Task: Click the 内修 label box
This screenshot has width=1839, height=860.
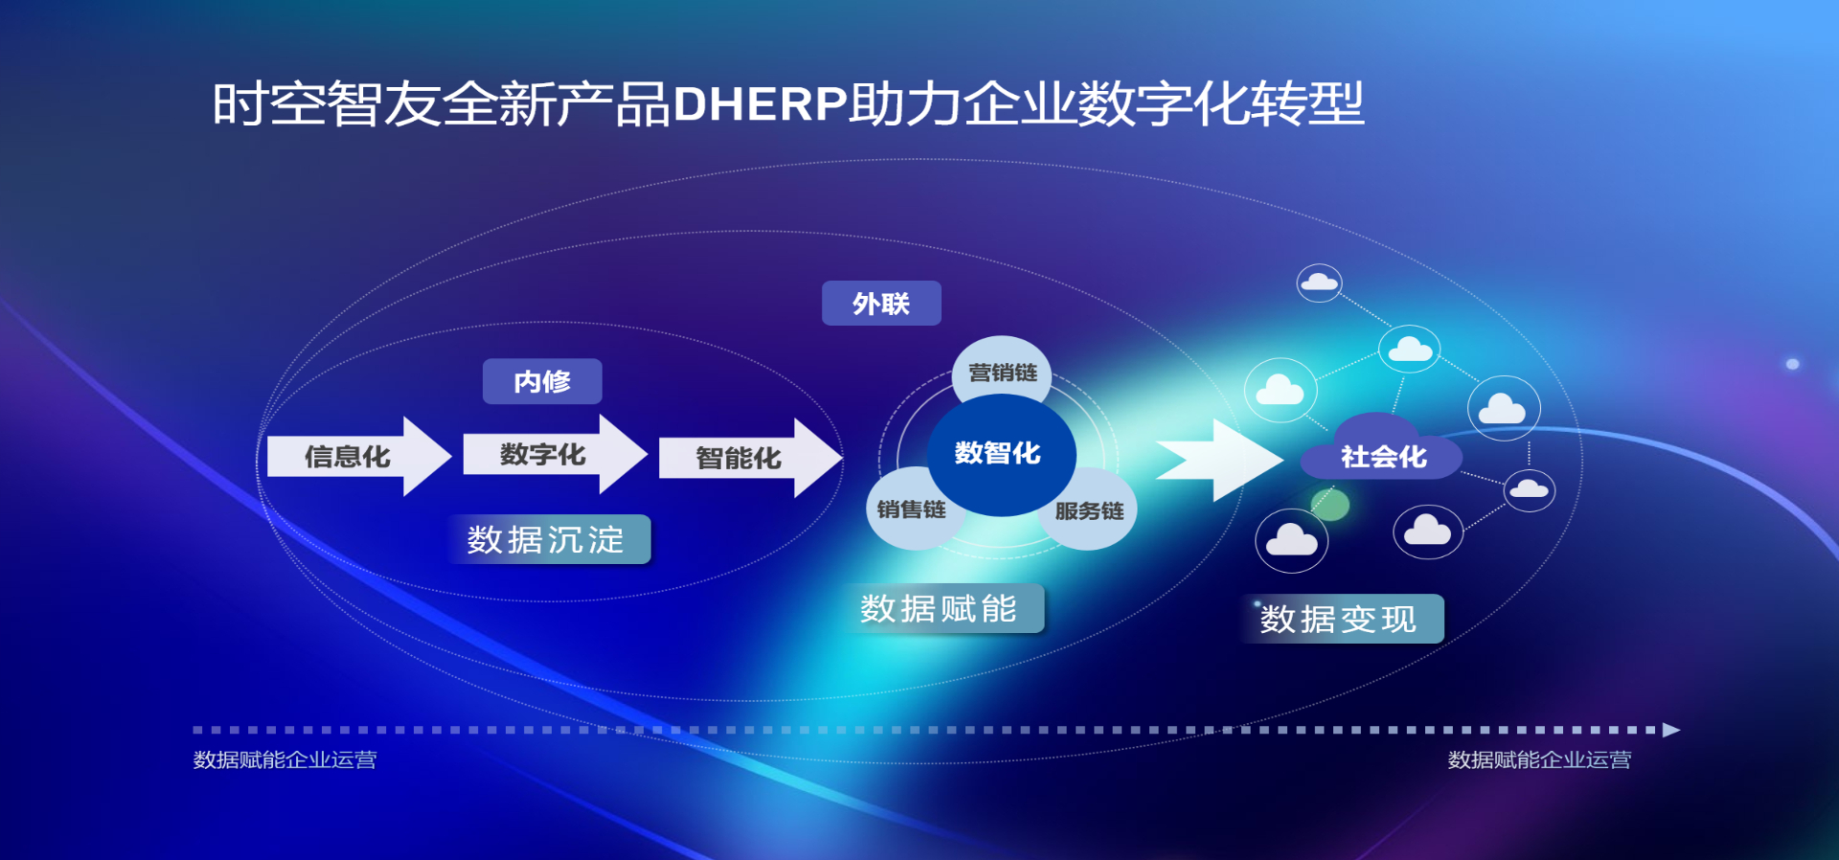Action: click(542, 381)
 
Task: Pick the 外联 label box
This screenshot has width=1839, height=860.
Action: click(881, 304)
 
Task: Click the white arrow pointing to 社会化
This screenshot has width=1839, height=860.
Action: click(1219, 460)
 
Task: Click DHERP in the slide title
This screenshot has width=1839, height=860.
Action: click(761, 103)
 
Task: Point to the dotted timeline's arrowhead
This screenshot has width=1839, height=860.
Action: click(1671, 730)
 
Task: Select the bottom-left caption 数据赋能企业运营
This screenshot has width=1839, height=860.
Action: click(284, 759)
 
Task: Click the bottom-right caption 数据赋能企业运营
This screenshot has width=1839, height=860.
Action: click(1539, 759)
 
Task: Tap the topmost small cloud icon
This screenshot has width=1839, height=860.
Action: click(1319, 283)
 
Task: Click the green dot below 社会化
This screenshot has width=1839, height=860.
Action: click(1329, 504)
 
